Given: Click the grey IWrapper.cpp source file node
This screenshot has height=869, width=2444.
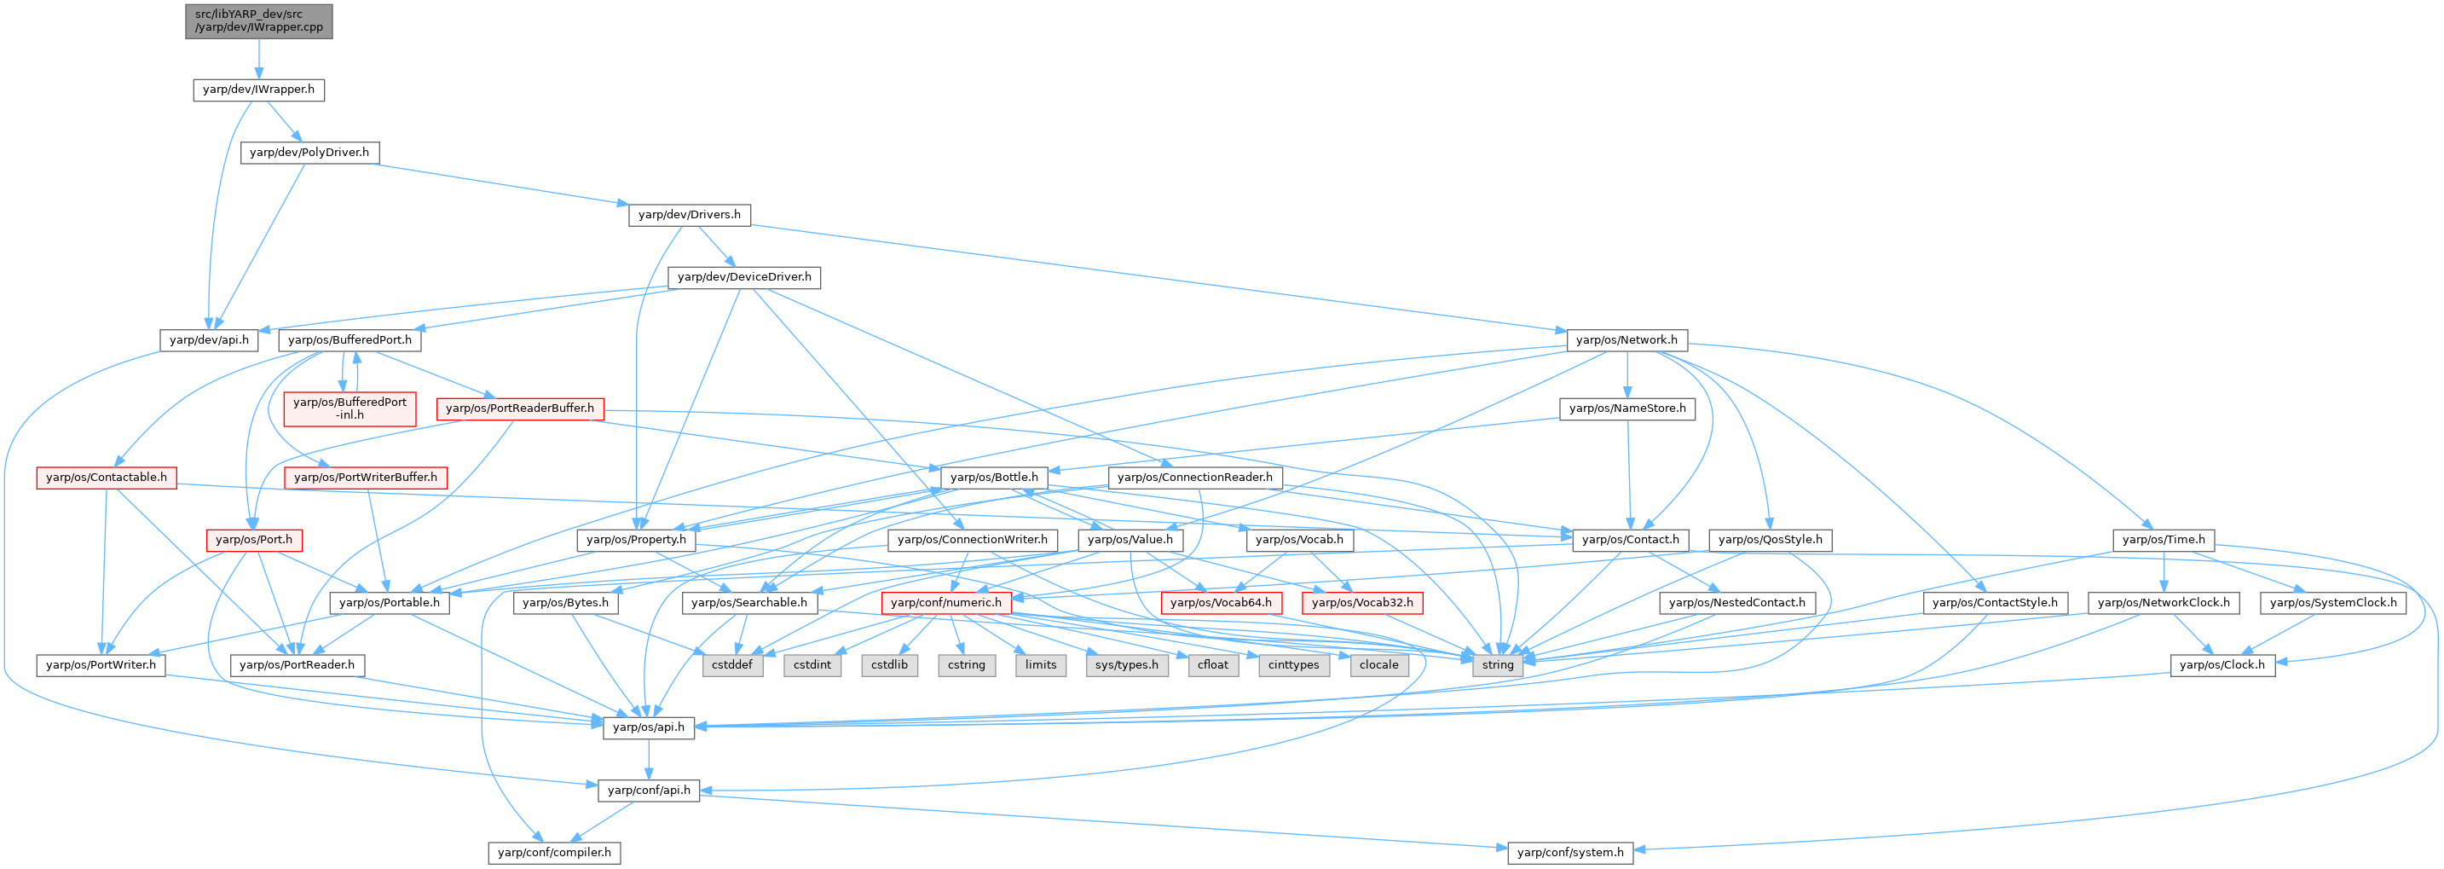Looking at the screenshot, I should [259, 20].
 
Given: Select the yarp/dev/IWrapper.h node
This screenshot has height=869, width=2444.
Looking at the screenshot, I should [259, 90].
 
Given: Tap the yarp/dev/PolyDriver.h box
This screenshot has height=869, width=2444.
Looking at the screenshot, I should [309, 152].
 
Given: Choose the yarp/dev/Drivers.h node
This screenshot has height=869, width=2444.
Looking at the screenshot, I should [690, 214].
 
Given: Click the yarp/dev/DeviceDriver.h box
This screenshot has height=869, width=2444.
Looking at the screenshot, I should [745, 277].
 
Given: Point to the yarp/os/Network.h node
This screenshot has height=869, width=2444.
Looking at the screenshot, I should [1626, 339].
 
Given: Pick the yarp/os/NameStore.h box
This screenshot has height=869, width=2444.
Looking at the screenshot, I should [1627, 408].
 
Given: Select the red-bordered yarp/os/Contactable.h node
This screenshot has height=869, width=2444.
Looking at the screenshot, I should [107, 478].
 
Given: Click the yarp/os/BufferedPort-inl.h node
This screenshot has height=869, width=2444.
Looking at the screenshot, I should [350, 408].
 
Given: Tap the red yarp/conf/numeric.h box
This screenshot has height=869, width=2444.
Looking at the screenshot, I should [945, 602].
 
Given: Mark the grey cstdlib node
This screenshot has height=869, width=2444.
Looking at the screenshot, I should [889, 665].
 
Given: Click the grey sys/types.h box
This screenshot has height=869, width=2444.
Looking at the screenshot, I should [1126, 665].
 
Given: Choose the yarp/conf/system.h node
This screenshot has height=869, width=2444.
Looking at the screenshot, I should [1570, 852].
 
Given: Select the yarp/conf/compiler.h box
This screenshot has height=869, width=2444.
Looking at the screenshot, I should [555, 852].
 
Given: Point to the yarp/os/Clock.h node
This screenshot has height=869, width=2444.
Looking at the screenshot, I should [2222, 665].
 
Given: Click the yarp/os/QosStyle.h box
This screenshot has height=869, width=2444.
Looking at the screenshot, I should [1771, 540].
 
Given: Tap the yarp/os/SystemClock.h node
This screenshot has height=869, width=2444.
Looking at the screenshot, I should [2333, 602].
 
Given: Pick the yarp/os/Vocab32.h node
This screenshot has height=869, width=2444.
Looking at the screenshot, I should [1362, 602].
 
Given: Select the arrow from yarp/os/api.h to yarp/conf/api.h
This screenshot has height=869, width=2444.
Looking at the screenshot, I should [649, 758].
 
